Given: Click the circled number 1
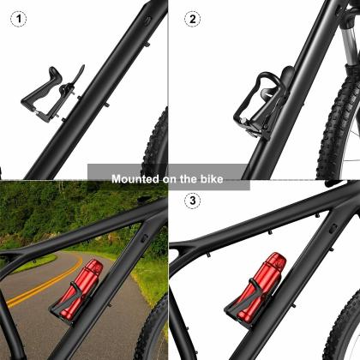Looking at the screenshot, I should click(x=17, y=19).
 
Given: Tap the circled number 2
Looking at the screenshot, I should click(x=193, y=19).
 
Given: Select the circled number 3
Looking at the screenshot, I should click(x=193, y=201).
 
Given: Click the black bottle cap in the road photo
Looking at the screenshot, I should click(x=95, y=267).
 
